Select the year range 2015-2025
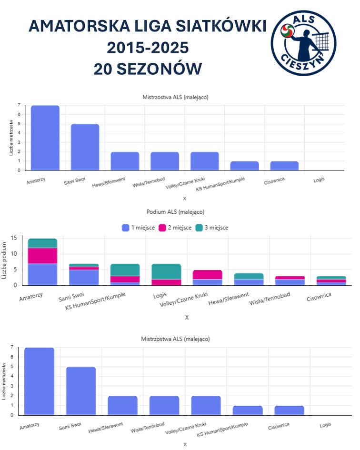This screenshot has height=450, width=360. (x=148, y=47)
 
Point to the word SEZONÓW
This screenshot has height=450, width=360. (x=160, y=69)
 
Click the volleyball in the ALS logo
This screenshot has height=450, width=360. (x=288, y=30)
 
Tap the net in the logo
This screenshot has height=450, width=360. (x=320, y=41)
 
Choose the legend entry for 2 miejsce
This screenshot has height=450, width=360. (x=175, y=228)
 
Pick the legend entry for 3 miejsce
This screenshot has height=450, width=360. (x=212, y=228)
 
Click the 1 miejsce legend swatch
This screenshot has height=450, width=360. (x=125, y=228)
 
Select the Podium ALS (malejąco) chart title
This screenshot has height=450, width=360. (x=175, y=212)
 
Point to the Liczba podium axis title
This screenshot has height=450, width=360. (x=4, y=260)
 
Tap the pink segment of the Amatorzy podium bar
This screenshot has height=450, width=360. (x=42, y=256)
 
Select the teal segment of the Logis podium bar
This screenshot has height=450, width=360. (x=166, y=271)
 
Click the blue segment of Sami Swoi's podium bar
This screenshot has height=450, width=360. (x=84, y=278)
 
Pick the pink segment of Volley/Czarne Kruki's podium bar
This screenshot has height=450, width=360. (x=208, y=275)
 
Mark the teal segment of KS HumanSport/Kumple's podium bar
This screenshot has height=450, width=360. (x=125, y=270)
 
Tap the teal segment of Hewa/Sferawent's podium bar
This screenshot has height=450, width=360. (x=249, y=276)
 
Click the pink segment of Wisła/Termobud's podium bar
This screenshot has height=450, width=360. (x=290, y=278)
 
